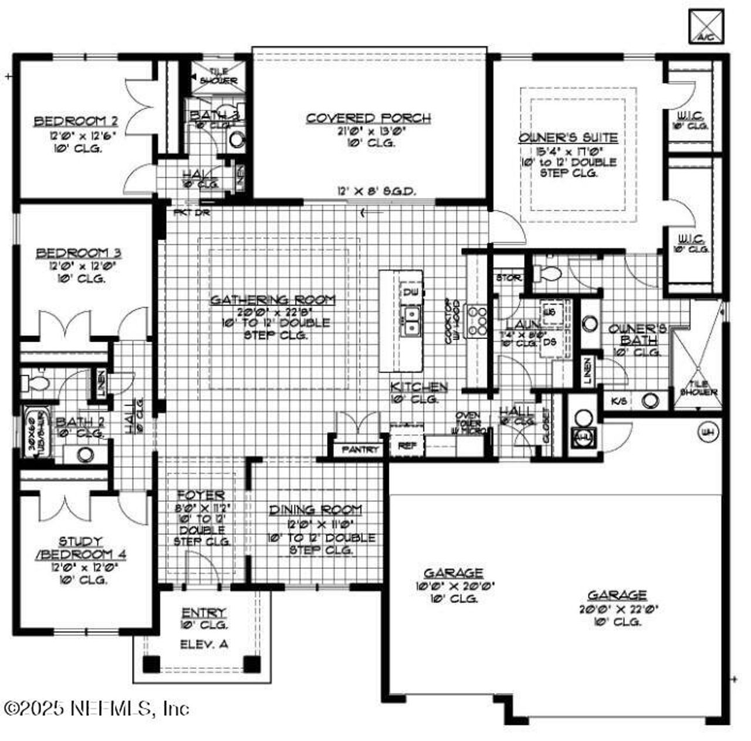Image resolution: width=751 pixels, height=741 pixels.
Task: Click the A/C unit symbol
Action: (x=706, y=26)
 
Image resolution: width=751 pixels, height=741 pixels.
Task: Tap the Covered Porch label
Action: (x=368, y=118)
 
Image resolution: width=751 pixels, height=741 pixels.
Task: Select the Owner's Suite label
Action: (x=568, y=138)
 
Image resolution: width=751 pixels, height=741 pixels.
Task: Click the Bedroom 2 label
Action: (x=76, y=122)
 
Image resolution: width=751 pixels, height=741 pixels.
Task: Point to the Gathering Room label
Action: (x=273, y=300)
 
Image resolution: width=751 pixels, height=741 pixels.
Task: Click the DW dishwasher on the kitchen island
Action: (x=409, y=291)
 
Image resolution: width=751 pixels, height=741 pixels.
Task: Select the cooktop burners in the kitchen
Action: (x=476, y=321)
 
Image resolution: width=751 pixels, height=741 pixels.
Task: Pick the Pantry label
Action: (x=360, y=450)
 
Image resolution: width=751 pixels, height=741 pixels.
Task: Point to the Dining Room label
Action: (x=316, y=510)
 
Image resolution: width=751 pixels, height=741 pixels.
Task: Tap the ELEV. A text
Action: (x=204, y=644)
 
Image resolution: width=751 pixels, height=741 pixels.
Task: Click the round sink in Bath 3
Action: (x=237, y=140)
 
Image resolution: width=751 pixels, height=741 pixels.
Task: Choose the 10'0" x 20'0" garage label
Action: (x=454, y=573)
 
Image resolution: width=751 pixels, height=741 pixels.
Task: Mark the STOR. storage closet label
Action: (x=508, y=277)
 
